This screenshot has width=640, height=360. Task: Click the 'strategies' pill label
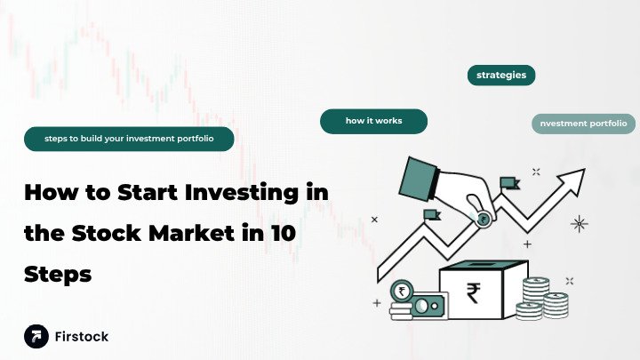tap(500, 76)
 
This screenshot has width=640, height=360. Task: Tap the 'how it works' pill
tap(373, 121)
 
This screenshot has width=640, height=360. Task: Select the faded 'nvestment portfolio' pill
tap(583, 124)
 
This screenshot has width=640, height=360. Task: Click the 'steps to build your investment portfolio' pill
tap(129, 139)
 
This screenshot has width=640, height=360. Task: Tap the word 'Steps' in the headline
tap(58, 275)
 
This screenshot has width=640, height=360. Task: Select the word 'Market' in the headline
tap(195, 233)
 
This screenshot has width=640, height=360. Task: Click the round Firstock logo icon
tap(36, 336)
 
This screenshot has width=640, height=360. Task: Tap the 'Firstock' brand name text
tap(82, 337)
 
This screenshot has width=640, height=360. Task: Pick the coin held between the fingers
tap(482, 220)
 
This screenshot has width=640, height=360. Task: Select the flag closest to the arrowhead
tap(508, 184)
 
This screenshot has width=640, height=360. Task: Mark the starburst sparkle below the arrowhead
tap(580, 222)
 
